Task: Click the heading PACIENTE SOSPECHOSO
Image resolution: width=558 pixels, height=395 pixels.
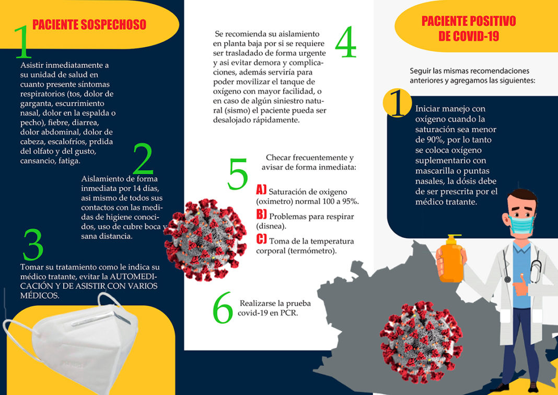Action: (x=89, y=25)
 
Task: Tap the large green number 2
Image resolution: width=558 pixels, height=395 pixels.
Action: (x=143, y=159)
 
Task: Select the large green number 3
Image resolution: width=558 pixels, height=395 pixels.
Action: (x=33, y=244)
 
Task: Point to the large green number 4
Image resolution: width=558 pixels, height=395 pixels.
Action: (x=345, y=42)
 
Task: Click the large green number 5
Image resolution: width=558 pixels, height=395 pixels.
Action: (x=238, y=174)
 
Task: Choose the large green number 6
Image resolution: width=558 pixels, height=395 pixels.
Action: (x=223, y=308)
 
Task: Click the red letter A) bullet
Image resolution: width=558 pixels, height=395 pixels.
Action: (x=261, y=190)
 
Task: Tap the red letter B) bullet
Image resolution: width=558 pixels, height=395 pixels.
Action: (x=262, y=215)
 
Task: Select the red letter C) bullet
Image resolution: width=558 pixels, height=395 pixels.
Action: (x=262, y=239)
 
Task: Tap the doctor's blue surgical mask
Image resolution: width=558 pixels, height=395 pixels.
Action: (x=522, y=224)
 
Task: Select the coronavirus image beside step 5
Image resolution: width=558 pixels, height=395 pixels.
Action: (x=205, y=240)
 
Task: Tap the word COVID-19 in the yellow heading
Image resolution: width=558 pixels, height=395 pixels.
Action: (x=469, y=37)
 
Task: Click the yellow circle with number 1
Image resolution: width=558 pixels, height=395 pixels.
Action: (x=397, y=103)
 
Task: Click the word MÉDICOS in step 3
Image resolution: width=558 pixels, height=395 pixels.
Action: (x=39, y=296)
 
